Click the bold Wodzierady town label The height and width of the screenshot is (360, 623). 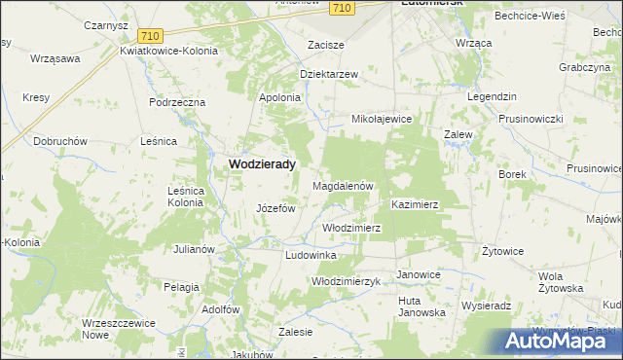pyautogui.click(x=262, y=164)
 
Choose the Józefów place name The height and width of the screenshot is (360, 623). pyautogui.click(x=275, y=208)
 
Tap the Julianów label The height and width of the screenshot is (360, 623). pyautogui.click(x=194, y=249)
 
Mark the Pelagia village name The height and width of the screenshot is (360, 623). pyautogui.click(x=181, y=287)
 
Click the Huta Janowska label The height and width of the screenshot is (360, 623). pyautogui.click(x=421, y=306)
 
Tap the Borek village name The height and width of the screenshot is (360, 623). pyautogui.click(x=512, y=174)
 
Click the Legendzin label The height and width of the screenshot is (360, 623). pyautogui.click(x=491, y=98)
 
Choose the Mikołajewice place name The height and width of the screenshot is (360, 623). pyautogui.click(x=383, y=119)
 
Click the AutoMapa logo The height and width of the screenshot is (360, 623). pyautogui.click(x=561, y=341)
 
